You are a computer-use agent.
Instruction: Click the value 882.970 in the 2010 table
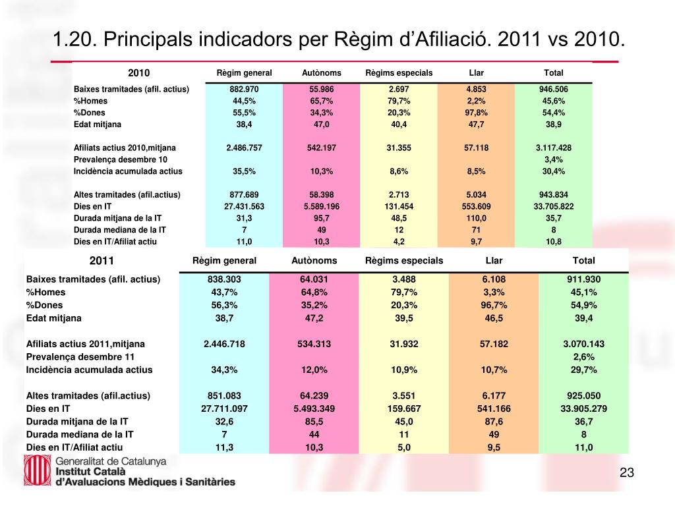[244, 89]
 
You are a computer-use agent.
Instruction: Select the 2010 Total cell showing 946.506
[554, 89]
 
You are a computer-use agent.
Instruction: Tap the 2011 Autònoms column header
[314, 260]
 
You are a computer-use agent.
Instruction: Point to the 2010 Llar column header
[476, 72]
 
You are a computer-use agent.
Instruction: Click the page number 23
[627, 472]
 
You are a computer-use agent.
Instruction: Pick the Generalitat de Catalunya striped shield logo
[38, 470]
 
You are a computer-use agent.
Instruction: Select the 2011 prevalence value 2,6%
[584, 356]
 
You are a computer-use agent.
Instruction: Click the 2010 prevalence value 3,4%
[554, 159]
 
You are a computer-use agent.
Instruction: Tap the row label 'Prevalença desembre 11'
[80, 356]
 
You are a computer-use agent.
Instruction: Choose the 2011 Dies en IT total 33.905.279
[584, 408]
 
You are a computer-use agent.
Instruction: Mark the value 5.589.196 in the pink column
[322, 206]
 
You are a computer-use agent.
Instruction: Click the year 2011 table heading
[102, 260]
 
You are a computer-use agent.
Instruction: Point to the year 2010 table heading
[138, 72]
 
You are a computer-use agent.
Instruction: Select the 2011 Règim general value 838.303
[224, 279]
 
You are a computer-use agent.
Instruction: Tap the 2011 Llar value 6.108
[494, 279]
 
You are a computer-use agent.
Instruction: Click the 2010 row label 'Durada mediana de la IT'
[120, 230]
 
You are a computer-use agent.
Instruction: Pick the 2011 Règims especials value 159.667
[404, 408]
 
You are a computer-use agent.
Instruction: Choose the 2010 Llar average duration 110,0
[476, 218]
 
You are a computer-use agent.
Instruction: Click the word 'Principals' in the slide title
[148, 40]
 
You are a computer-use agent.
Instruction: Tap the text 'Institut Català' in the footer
[90, 472]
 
